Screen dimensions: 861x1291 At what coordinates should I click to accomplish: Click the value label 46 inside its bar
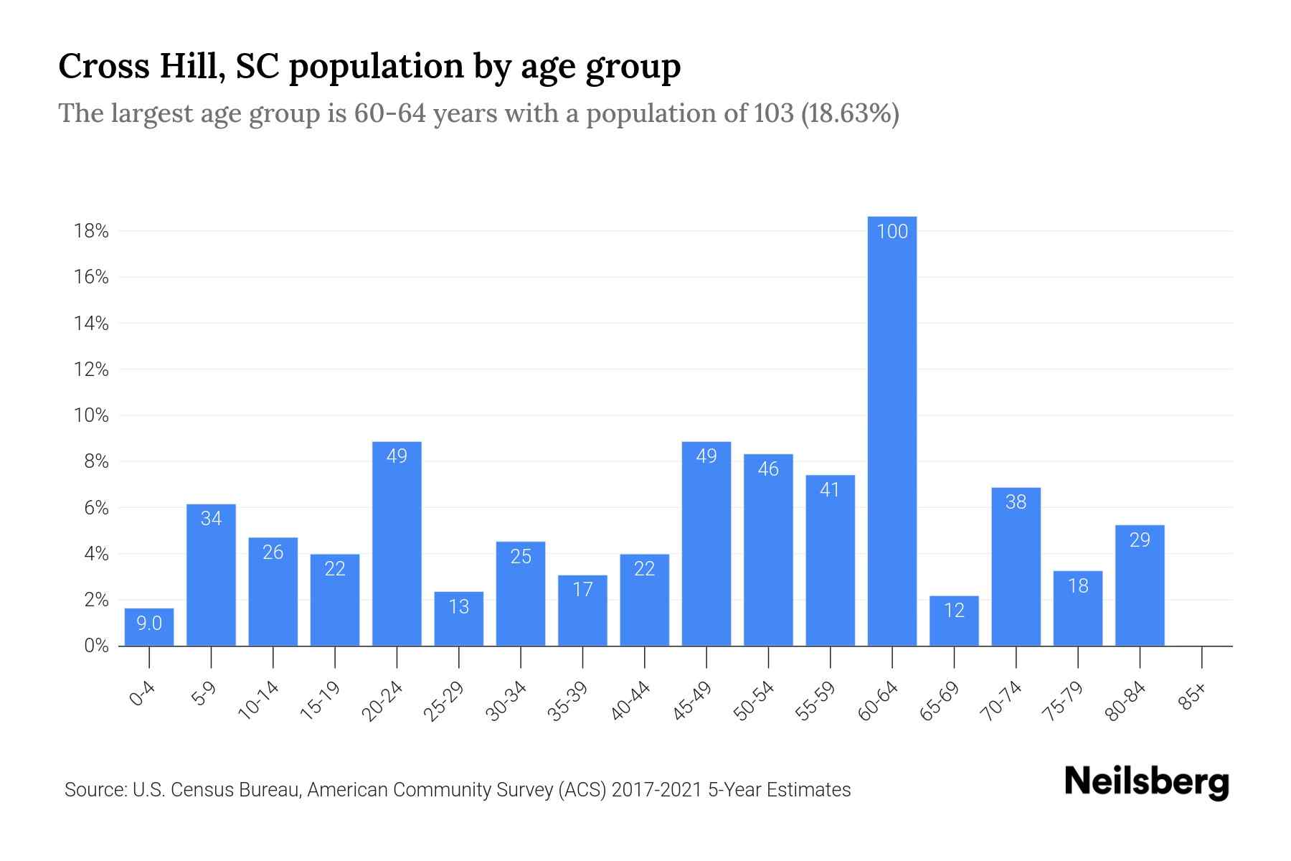tap(768, 469)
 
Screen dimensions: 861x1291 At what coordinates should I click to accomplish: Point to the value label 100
tap(892, 231)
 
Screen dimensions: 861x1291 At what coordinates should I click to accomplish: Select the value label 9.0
tap(149, 624)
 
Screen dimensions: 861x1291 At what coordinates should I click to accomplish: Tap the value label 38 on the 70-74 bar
tap(1016, 502)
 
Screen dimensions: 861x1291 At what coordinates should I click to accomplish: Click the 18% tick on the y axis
tap(91, 231)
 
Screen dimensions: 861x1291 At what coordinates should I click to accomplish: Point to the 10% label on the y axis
tap(91, 415)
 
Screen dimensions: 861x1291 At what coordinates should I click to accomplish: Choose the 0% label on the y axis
tap(96, 646)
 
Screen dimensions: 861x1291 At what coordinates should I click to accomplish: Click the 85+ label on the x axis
tap(1192, 697)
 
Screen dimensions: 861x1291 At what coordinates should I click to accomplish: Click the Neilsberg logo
tap(1146, 783)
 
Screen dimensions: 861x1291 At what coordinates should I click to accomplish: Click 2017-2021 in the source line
tap(656, 790)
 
